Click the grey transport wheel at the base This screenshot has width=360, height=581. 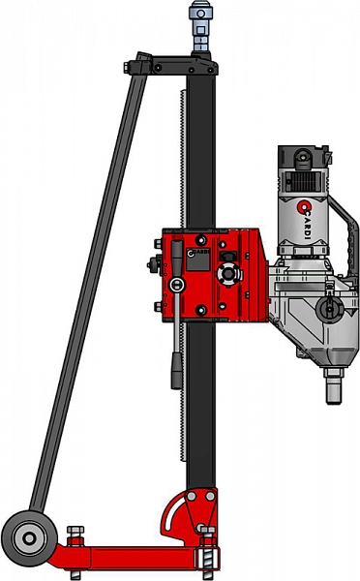point(29,538)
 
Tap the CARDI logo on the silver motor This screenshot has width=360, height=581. point(305,220)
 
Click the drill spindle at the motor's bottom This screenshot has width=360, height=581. point(334,385)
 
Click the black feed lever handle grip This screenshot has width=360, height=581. point(177,371)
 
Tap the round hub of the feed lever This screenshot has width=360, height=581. point(177,285)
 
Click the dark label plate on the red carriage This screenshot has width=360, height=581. point(197,259)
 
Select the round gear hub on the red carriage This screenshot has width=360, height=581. point(228,274)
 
